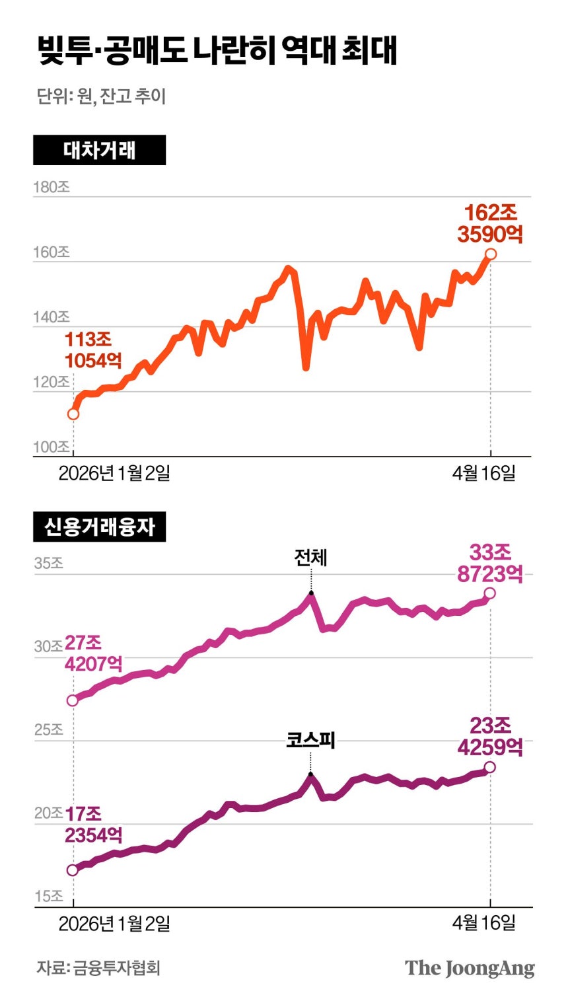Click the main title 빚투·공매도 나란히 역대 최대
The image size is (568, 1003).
[218, 51]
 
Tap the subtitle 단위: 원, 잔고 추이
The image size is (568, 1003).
[101, 96]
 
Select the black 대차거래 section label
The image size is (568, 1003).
[99, 150]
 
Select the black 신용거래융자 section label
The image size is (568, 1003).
[99, 527]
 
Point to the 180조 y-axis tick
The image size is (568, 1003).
[52, 187]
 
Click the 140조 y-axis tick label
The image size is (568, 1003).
[52, 317]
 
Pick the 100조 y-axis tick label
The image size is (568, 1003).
[52, 447]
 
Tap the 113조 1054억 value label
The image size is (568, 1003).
[93, 350]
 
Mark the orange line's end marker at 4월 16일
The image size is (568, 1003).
[490, 254]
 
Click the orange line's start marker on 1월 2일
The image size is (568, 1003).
[73, 414]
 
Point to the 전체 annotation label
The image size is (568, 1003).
[310, 558]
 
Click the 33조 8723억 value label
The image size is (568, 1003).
[490, 563]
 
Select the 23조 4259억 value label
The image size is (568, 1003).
[490, 736]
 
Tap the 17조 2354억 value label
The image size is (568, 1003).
[93, 825]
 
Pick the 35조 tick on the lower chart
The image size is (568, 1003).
[48, 564]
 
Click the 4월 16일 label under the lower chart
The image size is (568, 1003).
[483, 922]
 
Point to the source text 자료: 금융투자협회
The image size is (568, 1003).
[98, 968]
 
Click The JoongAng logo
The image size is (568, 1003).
[470, 968]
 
